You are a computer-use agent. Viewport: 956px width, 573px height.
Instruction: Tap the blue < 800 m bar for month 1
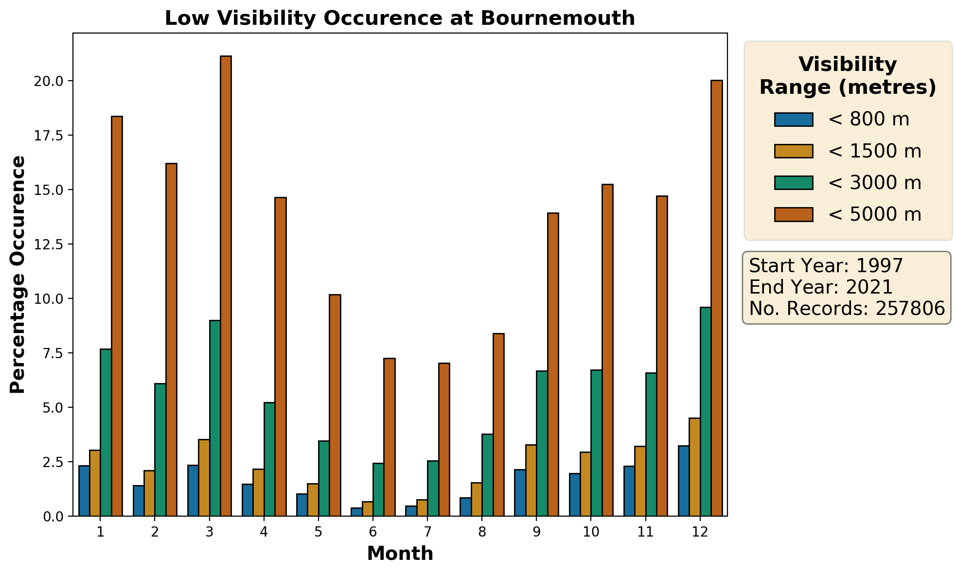(84, 490)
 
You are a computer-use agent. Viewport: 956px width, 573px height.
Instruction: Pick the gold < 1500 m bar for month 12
(695, 467)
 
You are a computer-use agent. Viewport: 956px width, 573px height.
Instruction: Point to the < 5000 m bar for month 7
(444, 439)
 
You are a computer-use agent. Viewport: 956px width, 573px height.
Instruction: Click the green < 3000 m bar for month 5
(324, 478)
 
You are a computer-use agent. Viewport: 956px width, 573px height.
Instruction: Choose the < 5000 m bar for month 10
(607, 350)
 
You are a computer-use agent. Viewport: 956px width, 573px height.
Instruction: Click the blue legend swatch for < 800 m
(794, 120)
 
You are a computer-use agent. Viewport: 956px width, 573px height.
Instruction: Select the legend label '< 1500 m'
(874, 151)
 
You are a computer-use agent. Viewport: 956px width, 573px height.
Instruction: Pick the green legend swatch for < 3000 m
(794, 183)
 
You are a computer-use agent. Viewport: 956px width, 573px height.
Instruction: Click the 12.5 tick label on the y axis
(49, 244)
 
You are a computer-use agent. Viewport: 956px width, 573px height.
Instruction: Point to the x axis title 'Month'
(400, 554)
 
